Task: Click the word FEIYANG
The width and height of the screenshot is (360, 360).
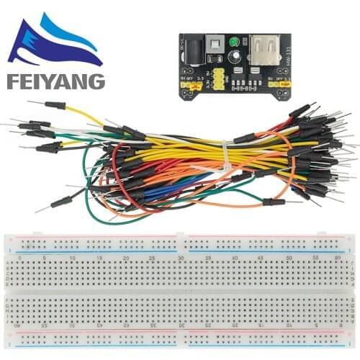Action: pos(55,81)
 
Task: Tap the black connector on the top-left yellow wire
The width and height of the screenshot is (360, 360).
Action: pos(55,105)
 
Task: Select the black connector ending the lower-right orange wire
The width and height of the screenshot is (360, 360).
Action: pos(273,202)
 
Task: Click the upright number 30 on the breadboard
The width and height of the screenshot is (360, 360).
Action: pos(180,257)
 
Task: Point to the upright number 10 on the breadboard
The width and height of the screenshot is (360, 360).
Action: pos(72,257)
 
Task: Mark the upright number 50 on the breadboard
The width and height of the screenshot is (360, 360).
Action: pos(288,257)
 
